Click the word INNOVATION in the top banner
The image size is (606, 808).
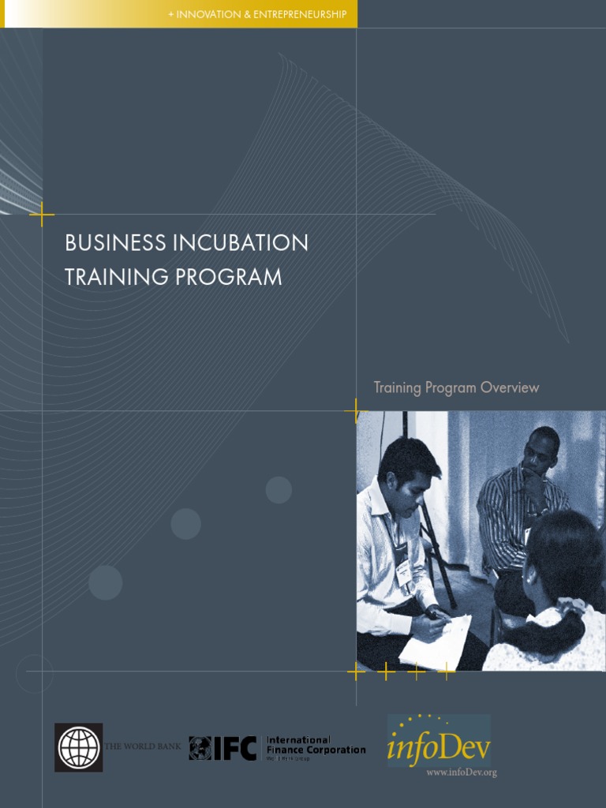pos(206,14)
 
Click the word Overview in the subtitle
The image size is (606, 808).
pos(510,387)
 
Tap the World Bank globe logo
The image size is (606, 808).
pos(79,747)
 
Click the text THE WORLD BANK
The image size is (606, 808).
pos(143,746)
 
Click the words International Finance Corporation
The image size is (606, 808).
pos(316,745)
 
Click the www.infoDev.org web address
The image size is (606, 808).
pos(462,772)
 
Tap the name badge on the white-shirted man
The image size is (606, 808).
pos(403,574)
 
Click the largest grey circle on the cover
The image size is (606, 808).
pos(105,582)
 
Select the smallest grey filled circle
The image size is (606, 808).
pos(279,490)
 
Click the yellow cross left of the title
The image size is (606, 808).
pos(42,214)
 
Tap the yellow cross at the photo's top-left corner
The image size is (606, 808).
pos(357,411)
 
